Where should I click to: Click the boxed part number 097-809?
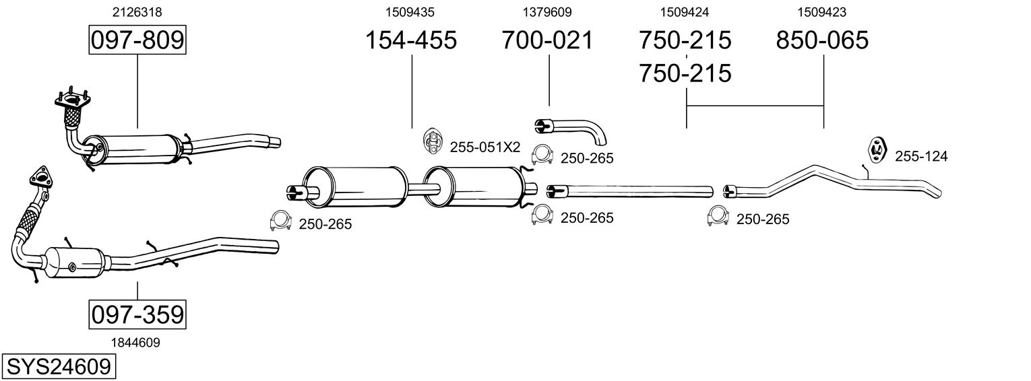click(137, 40)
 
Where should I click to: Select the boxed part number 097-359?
click(137, 314)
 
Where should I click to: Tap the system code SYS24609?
click(58, 367)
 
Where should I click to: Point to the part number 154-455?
click(411, 40)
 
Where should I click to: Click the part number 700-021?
click(548, 40)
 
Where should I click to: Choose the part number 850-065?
click(822, 40)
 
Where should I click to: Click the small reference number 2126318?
click(137, 12)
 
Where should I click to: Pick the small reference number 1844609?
click(137, 343)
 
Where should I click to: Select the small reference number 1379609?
click(547, 12)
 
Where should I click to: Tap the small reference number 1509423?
click(822, 12)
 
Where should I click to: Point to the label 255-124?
click(921, 157)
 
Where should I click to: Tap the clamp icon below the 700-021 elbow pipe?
click(542, 155)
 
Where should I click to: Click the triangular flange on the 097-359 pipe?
click(40, 178)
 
